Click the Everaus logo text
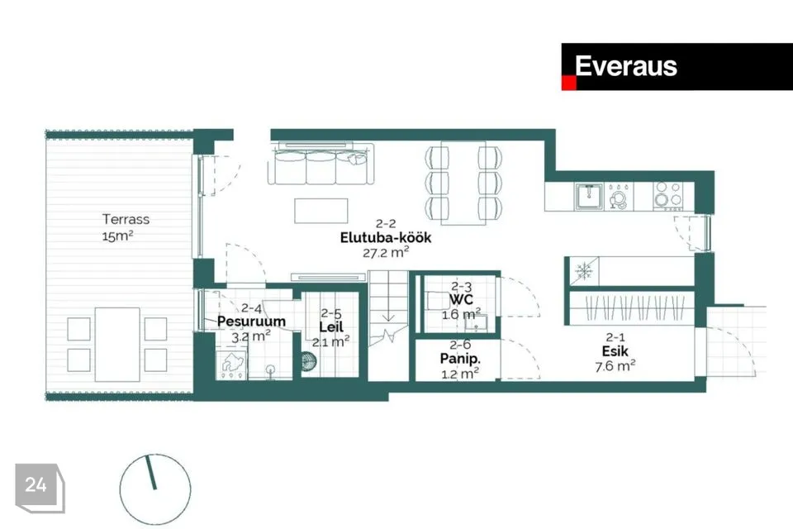(625, 66)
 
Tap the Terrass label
(126, 219)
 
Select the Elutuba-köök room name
(386, 237)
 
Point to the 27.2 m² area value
(386, 252)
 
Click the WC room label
(461, 300)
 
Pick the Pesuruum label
(251, 321)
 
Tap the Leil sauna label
(331, 327)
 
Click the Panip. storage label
(460, 359)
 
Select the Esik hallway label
(615, 350)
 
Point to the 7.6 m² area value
(615, 365)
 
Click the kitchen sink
(589, 196)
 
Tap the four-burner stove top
(667, 196)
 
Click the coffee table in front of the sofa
(321, 211)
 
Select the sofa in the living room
(321, 164)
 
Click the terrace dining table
(117, 344)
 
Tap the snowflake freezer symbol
(584, 272)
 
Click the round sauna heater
(308, 361)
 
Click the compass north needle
(151, 472)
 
